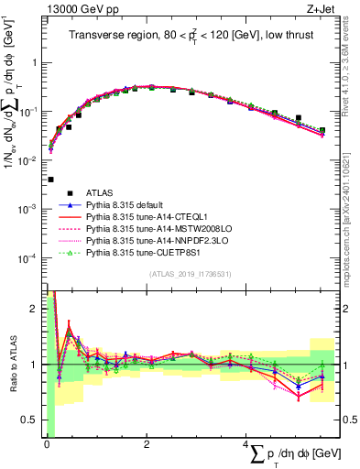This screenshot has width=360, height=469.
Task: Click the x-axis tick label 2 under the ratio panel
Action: coord(147,444)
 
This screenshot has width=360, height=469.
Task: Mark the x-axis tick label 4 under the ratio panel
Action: coord(249,444)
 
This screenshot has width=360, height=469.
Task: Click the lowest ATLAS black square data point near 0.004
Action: coord(49,180)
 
